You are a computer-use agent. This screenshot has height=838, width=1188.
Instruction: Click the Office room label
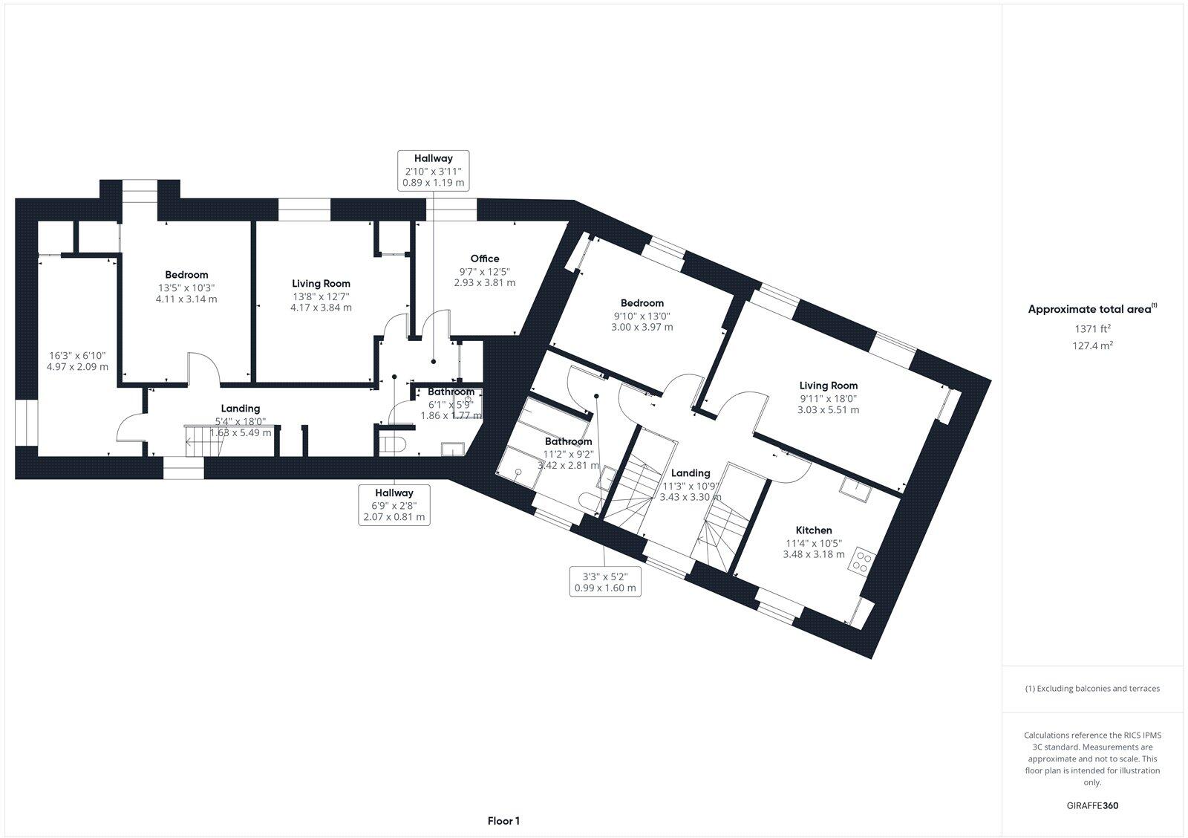pos(484,259)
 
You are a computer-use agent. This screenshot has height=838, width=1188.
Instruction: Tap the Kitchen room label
pos(814,530)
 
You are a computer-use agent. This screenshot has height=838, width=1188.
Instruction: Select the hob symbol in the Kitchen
pos(863,561)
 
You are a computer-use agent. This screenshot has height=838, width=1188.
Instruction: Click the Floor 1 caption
pos(503,821)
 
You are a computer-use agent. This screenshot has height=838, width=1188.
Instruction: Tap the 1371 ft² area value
pos(1092,328)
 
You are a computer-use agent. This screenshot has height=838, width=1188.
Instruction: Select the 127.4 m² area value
pos(1092,345)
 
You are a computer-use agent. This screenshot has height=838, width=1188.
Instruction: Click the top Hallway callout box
pos(434,170)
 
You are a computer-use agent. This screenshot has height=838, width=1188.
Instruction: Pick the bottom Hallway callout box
pos(394,505)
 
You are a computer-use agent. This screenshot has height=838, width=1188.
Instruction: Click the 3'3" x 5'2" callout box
pos(604,581)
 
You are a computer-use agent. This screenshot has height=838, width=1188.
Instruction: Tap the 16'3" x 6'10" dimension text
pos(77,361)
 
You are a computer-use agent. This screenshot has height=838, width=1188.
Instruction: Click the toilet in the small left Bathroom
pos(391,444)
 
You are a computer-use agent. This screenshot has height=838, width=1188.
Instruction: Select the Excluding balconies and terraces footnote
pos(1092,689)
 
